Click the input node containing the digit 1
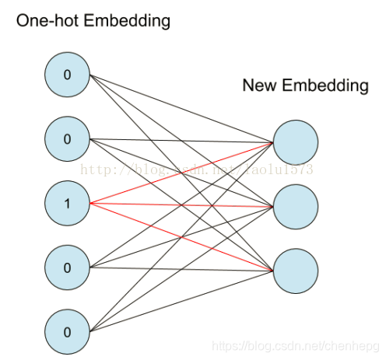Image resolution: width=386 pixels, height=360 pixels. (x=67, y=204)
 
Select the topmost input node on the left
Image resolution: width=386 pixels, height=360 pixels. (x=67, y=75)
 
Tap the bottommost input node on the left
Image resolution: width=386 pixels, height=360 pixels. (x=67, y=331)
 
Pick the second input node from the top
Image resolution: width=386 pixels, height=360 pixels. (x=67, y=139)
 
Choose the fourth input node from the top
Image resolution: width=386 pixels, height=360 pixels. (x=67, y=267)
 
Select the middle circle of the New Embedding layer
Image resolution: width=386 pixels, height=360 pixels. (x=296, y=205)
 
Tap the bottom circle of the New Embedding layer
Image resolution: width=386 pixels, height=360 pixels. (x=296, y=268)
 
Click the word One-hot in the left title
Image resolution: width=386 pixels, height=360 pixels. (x=47, y=21)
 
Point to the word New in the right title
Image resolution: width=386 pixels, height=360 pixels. (x=259, y=86)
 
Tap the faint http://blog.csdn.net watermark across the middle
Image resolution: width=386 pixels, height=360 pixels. (x=195, y=169)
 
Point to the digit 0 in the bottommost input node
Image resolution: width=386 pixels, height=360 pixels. (x=67, y=331)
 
